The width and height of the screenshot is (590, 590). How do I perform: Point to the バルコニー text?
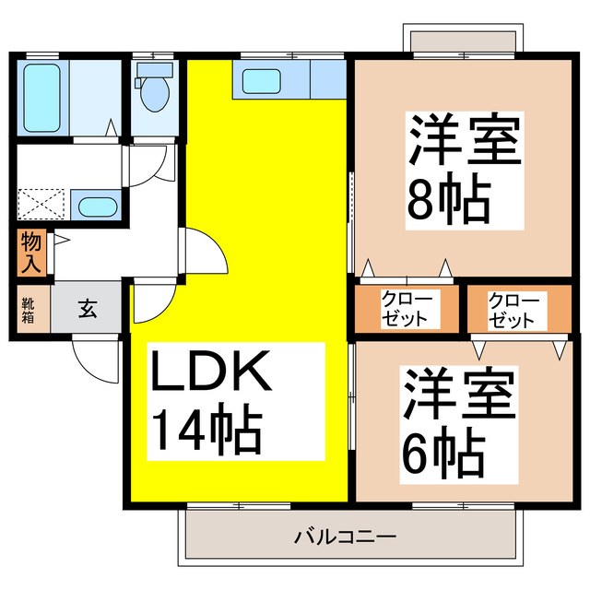[346, 535]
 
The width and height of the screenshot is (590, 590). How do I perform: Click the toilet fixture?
[152, 88]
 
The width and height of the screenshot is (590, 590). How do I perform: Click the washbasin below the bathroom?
[94, 206]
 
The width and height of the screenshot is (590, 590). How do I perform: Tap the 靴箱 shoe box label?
[29, 309]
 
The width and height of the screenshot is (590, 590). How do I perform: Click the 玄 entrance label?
[86, 309]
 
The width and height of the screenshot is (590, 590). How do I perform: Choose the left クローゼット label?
[407, 310]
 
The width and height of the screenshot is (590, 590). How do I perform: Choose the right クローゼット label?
[513, 310]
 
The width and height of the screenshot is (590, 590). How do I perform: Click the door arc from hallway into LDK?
[205, 254]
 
